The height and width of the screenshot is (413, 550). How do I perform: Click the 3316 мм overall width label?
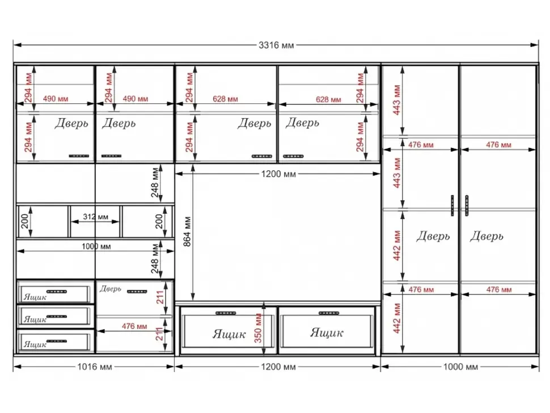(x=276, y=45)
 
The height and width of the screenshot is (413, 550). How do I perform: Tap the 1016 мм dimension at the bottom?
(x=94, y=367)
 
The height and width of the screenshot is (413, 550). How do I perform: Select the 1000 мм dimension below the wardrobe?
(x=460, y=367)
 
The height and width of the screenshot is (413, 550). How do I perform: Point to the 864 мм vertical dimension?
(x=187, y=231)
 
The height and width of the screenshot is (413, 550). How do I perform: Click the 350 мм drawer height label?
(x=258, y=328)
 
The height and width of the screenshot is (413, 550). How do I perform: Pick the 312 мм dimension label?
(x=95, y=217)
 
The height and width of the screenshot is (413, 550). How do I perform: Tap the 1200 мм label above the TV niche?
(x=278, y=174)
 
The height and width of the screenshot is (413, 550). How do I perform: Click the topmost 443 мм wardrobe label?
(x=397, y=99)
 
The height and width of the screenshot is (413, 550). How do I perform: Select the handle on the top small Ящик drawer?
(x=57, y=291)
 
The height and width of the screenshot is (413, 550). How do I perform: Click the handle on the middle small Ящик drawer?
(x=57, y=317)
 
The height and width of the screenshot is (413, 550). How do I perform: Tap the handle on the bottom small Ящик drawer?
(x=57, y=341)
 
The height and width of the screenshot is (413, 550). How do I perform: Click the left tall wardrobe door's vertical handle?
(x=452, y=205)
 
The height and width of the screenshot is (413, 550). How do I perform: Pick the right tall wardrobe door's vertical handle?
(x=467, y=205)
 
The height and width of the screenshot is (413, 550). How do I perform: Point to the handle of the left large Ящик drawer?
(x=226, y=313)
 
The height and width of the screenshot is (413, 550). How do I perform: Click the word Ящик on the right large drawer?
(x=326, y=332)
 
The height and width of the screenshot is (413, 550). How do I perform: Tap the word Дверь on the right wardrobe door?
(x=486, y=236)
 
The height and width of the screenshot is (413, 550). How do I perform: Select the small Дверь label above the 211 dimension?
(x=110, y=289)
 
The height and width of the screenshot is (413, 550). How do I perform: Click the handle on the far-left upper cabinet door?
(x=79, y=156)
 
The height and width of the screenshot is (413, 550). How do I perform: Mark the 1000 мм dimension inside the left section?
(x=96, y=247)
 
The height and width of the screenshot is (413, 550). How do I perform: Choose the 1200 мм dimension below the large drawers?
(x=278, y=367)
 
